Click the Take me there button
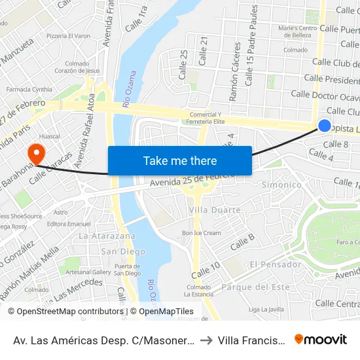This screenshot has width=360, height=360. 180,160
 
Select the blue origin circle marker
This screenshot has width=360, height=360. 324,126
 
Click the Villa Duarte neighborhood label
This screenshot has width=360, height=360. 215,210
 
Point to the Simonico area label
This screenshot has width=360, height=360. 281,185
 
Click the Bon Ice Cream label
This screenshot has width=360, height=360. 202,233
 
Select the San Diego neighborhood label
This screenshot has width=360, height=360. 123,251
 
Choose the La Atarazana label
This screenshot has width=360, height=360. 107,236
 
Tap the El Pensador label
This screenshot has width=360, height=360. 274,264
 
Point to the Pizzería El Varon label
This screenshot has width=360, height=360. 68,35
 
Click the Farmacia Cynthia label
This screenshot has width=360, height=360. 29,89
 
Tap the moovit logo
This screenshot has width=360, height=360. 321,339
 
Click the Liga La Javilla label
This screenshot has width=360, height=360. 266,309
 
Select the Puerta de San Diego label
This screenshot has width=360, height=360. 127,269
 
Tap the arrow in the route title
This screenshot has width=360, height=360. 205,340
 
